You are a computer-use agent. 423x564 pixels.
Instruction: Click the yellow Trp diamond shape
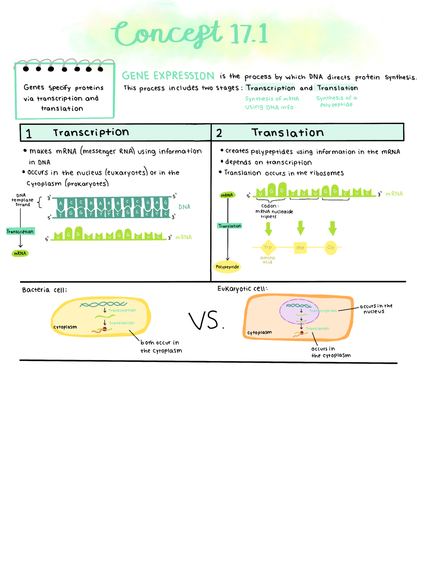268,247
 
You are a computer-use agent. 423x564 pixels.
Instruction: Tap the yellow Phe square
300,247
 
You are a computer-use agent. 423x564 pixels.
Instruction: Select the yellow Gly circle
331,247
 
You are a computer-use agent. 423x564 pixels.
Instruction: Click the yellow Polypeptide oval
227,267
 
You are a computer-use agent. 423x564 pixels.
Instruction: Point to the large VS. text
206,321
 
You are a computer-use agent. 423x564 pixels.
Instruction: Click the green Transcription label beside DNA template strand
20,232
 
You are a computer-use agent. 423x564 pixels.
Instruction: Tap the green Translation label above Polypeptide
229,226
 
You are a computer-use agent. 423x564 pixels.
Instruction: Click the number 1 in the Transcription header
29,134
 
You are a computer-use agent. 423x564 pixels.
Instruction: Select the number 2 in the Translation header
219,133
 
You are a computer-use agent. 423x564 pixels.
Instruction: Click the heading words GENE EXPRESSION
168,76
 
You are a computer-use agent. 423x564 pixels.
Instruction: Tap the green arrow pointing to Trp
268,228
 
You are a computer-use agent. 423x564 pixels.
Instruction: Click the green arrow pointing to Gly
332,228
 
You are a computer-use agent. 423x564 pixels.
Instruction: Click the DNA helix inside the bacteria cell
103,304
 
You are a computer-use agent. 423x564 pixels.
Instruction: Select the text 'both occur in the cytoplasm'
161,347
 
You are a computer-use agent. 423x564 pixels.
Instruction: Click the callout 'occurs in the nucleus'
376,308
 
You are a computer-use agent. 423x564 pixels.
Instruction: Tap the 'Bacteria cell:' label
44,290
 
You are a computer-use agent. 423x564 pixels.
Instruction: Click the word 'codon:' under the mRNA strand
270,206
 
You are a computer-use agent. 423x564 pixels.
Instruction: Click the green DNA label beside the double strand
184,207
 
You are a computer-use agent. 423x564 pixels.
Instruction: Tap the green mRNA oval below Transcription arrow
20,253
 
